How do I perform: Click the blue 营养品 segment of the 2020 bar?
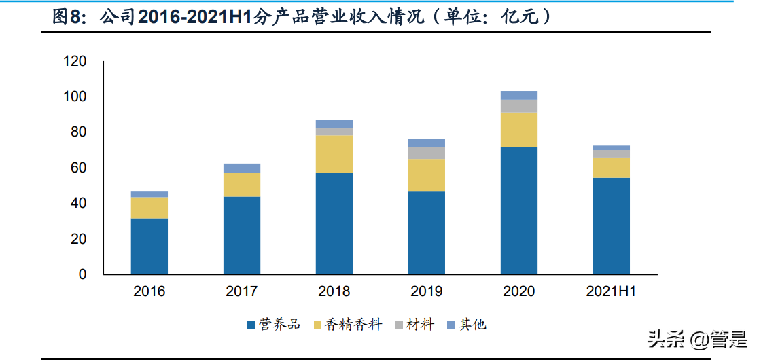coord(518,211)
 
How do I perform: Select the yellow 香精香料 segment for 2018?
coord(334,154)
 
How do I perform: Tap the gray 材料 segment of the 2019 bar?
coord(426,153)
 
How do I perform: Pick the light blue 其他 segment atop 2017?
coord(241,168)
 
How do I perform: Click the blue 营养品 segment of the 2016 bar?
coord(149,246)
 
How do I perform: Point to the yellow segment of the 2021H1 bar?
coord(611,167)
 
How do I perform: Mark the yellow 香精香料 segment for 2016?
coord(149,207)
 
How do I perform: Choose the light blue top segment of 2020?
coord(518,95)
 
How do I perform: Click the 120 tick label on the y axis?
coord(75,61)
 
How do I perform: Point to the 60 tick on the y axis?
coord(79,168)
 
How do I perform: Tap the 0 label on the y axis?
coord(82,274)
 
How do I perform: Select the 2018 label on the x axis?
coord(334,292)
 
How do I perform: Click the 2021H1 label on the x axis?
coord(611,292)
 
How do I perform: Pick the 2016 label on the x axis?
coord(149,292)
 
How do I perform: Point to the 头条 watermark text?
coord(666,338)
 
